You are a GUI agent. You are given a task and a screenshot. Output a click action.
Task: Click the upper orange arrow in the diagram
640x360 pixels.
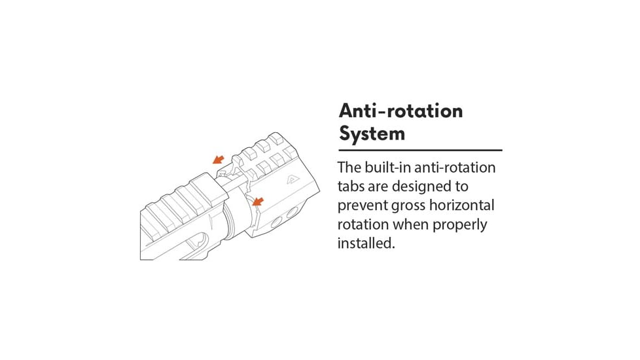[219, 159]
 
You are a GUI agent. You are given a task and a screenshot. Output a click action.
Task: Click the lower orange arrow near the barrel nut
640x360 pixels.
[258, 201]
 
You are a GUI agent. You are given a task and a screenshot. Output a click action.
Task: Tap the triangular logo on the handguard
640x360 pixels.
[293, 179]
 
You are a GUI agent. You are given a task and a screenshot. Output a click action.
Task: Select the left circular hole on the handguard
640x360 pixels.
[277, 222]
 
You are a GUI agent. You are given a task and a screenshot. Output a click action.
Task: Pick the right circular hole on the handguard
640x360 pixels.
[292, 213]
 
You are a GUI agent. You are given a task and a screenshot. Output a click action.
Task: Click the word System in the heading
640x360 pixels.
[372, 134]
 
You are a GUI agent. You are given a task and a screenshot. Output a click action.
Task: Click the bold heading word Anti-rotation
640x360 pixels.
[400, 111]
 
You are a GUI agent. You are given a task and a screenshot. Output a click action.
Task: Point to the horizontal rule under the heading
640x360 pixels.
[420, 150]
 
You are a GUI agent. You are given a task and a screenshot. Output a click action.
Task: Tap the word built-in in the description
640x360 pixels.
[388, 168]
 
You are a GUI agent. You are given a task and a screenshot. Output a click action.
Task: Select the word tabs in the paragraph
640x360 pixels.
[351, 187]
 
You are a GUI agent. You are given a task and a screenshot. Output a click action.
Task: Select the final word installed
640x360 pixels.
[366, 243]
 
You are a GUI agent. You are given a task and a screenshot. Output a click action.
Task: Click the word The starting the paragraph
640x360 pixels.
[349, 168]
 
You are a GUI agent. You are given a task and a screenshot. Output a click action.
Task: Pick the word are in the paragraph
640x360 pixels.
[378, 187]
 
